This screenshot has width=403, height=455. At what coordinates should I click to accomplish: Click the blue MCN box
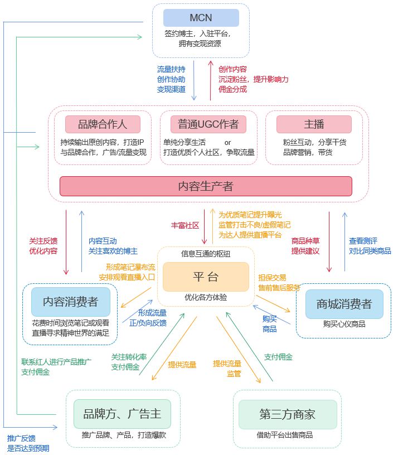201,18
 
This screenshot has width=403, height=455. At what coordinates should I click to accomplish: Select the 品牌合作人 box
103,124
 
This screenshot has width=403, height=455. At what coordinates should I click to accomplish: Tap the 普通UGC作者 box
208,124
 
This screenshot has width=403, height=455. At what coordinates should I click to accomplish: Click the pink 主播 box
314,124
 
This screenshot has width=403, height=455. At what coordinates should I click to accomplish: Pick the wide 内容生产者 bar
206,186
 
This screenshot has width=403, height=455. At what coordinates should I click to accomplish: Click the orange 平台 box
206,277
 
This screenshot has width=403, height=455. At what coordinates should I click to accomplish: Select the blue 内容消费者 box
70,302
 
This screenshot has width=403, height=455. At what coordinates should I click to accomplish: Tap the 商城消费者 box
343,304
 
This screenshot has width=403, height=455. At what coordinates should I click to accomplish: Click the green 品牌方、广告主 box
122,414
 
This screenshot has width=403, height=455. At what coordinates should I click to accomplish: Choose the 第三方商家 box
288,414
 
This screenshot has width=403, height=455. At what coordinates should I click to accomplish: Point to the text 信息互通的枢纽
206,254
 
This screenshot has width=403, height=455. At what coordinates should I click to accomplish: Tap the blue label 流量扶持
171,70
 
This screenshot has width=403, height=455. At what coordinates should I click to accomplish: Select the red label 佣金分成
232,89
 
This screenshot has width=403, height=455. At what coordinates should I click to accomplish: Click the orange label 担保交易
272,277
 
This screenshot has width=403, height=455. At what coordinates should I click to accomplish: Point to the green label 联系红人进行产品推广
56,362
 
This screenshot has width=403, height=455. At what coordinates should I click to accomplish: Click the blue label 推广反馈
21,438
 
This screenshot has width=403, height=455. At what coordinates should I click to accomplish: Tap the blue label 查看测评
363,241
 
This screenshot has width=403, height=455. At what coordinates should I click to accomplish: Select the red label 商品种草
305,241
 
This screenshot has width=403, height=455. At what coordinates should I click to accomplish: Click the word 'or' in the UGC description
227,142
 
